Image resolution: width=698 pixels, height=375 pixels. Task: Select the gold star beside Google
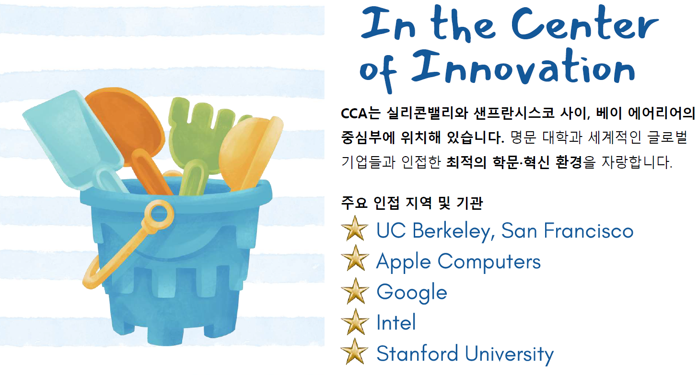tap(355, 292)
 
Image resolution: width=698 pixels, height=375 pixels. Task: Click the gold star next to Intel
tap(355, 322)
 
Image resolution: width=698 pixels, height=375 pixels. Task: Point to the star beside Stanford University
tap(355, 352)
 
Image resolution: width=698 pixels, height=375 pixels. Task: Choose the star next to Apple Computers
tap(355, 261)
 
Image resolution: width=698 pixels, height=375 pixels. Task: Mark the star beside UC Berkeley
tap(355, 230)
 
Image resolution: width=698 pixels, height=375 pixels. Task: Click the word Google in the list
tap(412, 293)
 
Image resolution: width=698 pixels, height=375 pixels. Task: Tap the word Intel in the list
tap(396, 322)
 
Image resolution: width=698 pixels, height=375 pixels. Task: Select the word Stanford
tap(417, 353)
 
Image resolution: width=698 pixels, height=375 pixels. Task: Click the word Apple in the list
tap(404, 262)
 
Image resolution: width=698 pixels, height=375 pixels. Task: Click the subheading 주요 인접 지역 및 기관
tap(411, 203)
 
